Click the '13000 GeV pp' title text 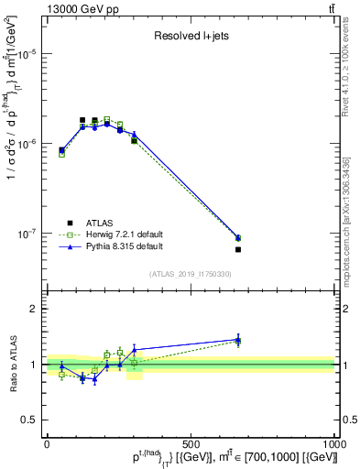(x=77, y=10)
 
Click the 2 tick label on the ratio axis (x=35, y=309)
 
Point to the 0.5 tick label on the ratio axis (x=30, y=420)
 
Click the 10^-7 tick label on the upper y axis (x=27, y=234)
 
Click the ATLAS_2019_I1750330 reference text (x=190, y=274)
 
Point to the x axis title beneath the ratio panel (x=211, y=457)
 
